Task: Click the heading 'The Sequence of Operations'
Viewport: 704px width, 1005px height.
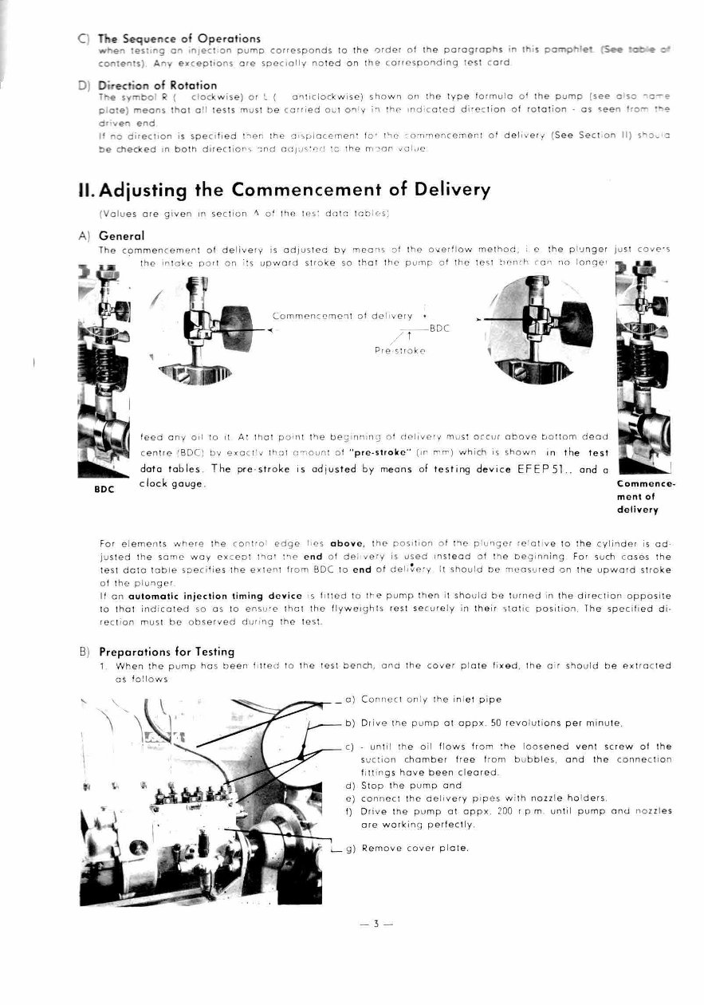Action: (x=179, y=38)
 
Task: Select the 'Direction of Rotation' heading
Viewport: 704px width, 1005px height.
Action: (x=157, y=85)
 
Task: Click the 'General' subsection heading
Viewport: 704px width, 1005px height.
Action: (x=121, y=236)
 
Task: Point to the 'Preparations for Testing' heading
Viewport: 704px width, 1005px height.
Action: (x=167, y=652)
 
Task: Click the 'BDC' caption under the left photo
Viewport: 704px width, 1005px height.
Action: (x=104, y=490)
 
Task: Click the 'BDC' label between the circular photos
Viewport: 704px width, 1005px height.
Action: (x=440, y=328)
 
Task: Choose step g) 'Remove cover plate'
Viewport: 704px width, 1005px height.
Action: (x=415, y=848)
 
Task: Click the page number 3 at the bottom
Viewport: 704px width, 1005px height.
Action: (x=376, y=924)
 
